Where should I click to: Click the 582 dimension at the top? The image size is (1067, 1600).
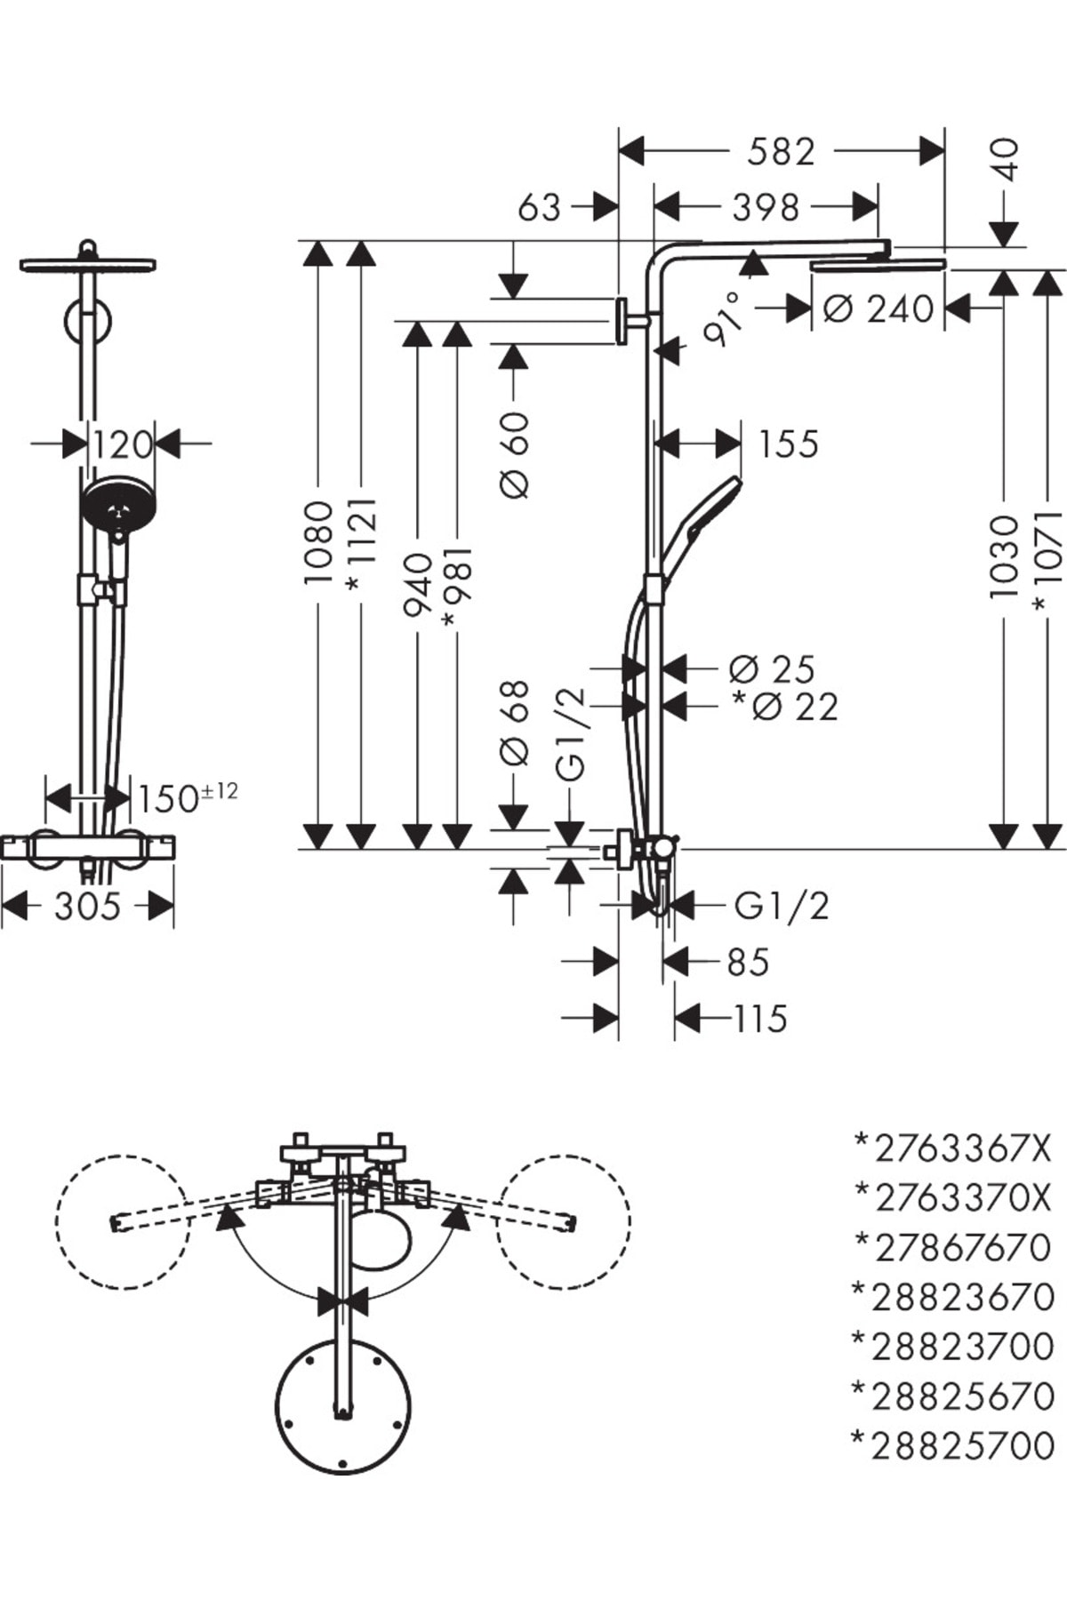pyautogui.click(x=781, y=151)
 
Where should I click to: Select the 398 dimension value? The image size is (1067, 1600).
pyautogui.click(x=766, y=207)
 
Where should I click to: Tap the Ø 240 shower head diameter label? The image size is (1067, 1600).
pyautogui.click(x=878, y=308)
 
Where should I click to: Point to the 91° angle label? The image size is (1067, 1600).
pyautogui.click(x=722, y=317)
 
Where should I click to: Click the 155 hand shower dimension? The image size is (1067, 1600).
pyautogui.click(x=788, y=444)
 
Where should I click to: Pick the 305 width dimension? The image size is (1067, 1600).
pyautogui.click(x=86, y=907)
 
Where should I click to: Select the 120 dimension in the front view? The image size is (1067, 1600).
pyautogui.click(x=123, y=444)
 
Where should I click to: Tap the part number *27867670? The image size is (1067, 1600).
pyautogui.click(x=952, y=1247)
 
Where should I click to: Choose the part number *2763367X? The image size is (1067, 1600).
pyautogui.click(x=952, y=1148)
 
